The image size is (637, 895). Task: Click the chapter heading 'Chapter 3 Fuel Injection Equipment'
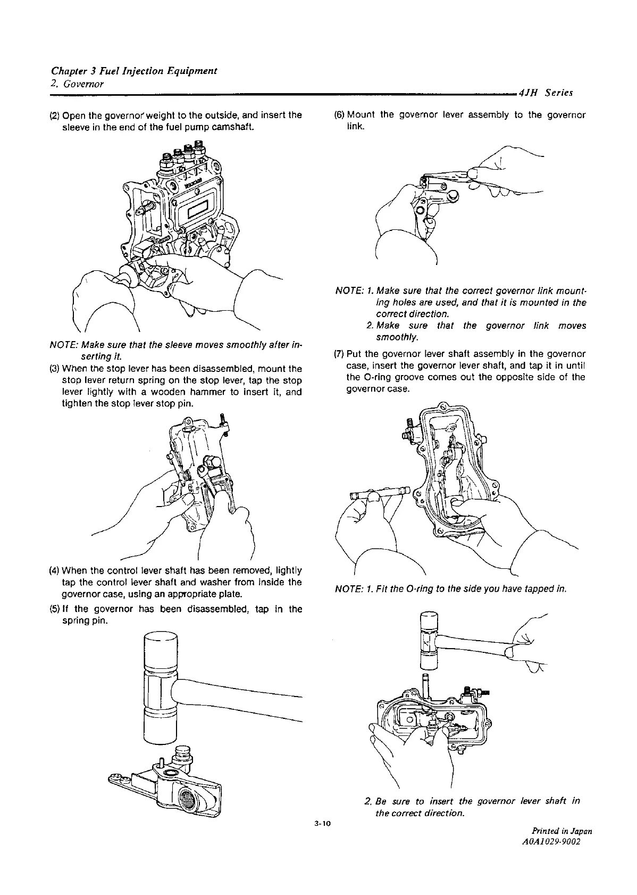coord(133,71)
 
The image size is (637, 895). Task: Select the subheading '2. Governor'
coord(77,84)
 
